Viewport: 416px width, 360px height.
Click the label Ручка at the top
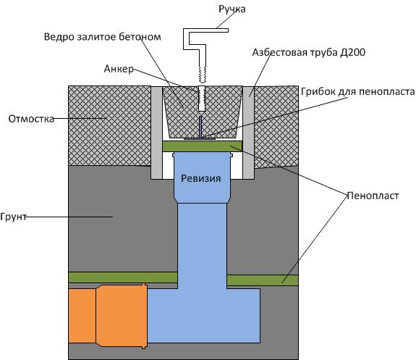point(232,9)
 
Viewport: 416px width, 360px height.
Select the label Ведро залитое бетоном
point(103,37)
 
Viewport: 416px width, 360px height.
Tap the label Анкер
point(119,69)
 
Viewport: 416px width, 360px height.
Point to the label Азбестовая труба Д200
point(308,52)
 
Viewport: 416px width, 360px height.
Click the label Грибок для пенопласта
point(358,92)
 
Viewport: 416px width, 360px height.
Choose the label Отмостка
point(31,119)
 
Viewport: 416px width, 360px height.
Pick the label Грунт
point(13,217)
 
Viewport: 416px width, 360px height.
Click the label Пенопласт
point(373,196)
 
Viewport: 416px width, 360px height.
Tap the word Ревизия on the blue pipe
point(201,178)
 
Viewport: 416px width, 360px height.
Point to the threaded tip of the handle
point(202,74)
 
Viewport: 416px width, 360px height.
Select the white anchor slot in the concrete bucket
point(202,99)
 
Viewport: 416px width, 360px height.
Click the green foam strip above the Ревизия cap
point(202,146)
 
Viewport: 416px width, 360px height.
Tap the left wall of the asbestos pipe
point(156,133)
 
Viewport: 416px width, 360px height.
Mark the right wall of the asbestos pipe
point(249,133)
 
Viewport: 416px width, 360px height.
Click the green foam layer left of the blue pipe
point(123,277)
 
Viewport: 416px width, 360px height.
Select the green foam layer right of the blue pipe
point(263,280)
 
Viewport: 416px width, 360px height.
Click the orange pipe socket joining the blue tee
point(122,316)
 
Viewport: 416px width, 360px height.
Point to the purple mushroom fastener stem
point(200,127)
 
